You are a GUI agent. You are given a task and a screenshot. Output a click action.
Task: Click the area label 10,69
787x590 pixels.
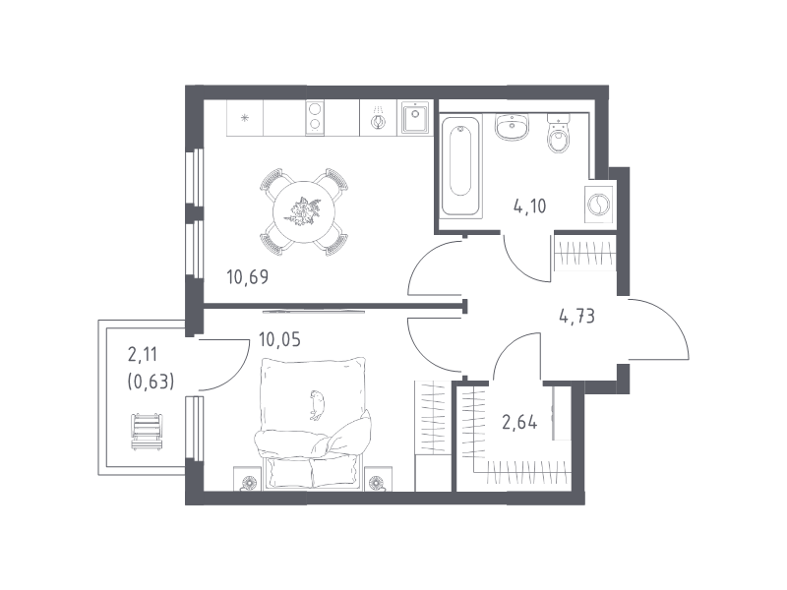[248, 277]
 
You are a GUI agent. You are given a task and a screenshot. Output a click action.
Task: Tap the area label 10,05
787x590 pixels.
[279, 340]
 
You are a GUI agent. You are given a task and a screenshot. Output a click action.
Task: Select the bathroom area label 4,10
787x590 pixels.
[529, 206]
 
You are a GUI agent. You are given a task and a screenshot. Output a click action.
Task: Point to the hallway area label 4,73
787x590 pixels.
[576, 317]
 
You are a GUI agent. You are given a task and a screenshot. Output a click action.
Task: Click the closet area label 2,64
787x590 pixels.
[519, 423]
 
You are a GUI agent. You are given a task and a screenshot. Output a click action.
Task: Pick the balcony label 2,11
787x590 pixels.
[143, 355]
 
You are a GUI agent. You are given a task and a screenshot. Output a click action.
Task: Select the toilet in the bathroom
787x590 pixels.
[559, 133]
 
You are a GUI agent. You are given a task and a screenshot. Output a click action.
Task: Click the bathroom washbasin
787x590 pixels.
[512, 127]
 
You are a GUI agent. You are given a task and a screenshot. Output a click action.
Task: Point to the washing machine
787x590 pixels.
[599, 206]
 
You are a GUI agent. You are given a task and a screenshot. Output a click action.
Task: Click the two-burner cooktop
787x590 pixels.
[315, 117]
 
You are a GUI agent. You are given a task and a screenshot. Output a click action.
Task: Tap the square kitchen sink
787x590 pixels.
[414, 117]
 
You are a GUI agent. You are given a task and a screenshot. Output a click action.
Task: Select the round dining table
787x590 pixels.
[304, 211]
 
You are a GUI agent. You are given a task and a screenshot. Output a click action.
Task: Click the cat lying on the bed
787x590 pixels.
[317, 404]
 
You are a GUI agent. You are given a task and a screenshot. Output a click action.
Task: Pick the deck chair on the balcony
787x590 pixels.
[147, 432]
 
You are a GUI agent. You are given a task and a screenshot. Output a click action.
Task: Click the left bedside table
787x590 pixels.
[249, 479]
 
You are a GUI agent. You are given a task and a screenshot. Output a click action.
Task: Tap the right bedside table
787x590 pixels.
[378, 479]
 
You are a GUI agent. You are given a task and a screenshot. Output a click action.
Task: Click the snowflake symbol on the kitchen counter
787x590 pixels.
[244, 118]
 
